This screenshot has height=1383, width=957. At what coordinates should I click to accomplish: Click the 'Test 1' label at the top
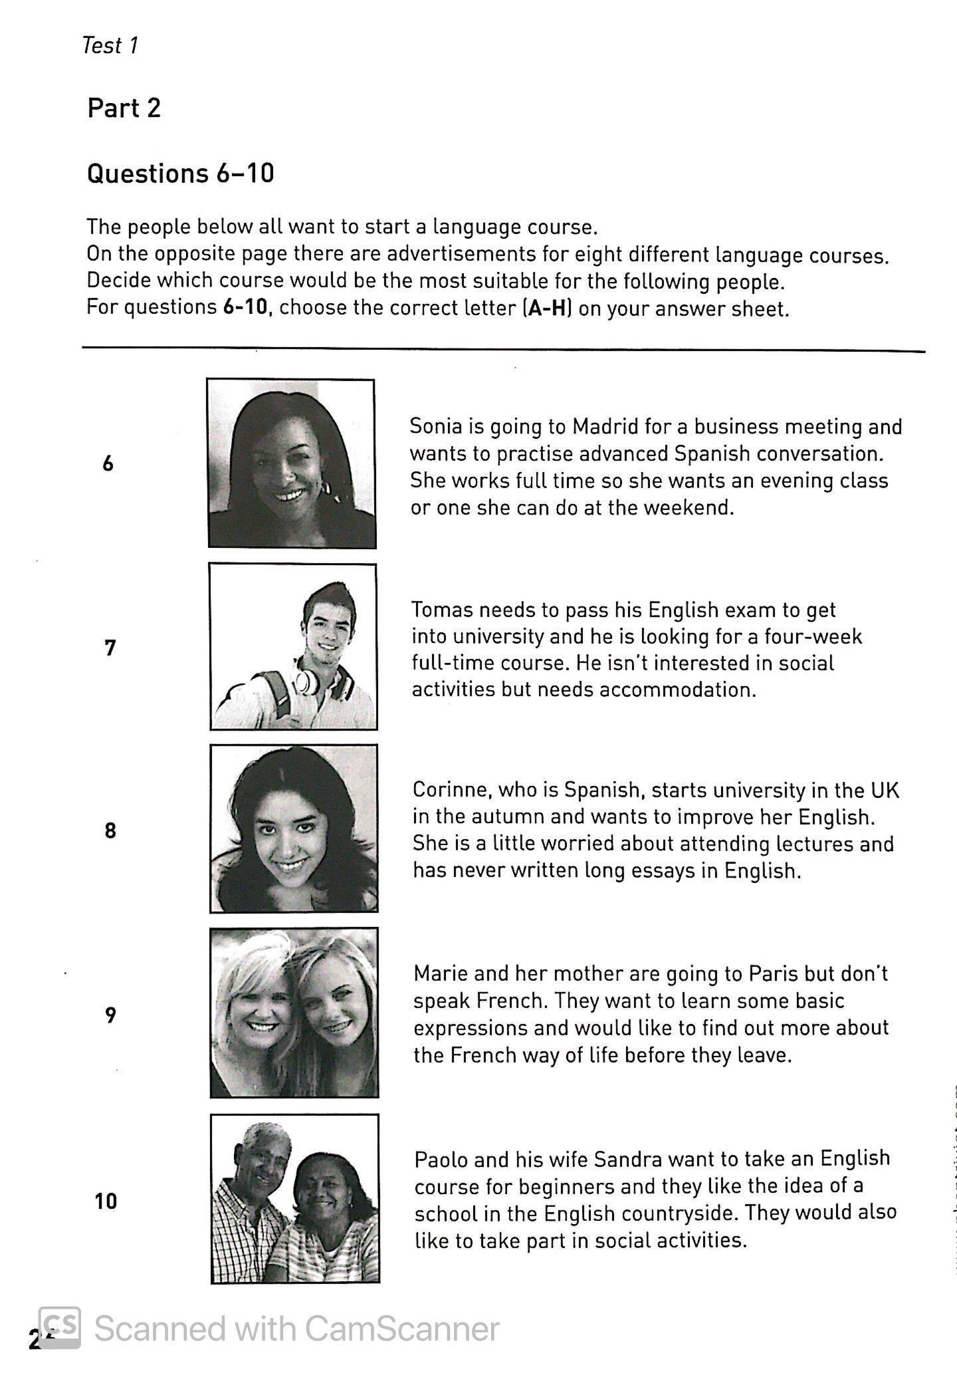click(x=110, y=45)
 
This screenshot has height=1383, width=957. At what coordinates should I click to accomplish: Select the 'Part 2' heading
click(x=124, y=108)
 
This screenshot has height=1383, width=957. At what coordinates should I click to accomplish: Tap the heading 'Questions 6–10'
click(x=180, y=174)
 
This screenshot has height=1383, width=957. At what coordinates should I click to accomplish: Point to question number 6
click(x=108, y=463)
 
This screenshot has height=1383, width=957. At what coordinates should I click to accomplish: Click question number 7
click(x=110, y=647)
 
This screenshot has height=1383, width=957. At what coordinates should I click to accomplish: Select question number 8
click(x=110, y=830)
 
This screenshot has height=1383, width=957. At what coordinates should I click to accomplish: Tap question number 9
click(x=110, y=1015)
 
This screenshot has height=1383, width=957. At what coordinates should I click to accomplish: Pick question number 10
click(x=106, y=1201)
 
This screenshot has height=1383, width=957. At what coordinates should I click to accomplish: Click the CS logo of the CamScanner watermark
click(x=60, y=1328)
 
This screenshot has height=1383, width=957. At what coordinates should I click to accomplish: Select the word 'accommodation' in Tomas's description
click(x=677, y=690)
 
